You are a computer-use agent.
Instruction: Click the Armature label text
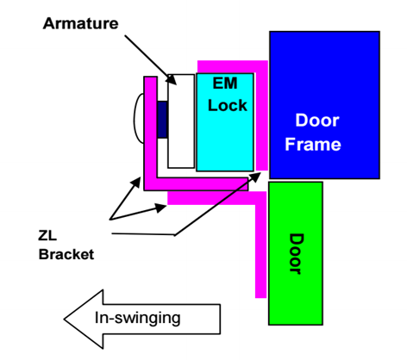[80, 23]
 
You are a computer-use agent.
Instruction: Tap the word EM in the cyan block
[225, 84]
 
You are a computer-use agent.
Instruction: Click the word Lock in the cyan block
[228, 105]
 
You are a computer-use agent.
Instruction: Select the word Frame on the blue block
[313, 144]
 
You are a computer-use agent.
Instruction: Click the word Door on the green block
[297, 254]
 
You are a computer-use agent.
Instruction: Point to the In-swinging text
[138, 318]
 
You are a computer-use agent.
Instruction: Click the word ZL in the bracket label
[47, 236]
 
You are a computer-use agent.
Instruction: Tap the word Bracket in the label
[66, 254]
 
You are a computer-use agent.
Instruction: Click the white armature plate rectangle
[181, 121]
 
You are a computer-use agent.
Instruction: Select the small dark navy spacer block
[162, 119]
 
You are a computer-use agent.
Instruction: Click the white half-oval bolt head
[139, 118]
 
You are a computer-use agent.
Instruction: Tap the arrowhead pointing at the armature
[172, 79]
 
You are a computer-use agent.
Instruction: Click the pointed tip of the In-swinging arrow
[64, 319]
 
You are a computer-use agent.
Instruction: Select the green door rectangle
[296, 253]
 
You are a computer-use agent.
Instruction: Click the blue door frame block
[325, 105]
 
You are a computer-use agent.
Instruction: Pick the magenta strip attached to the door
[260, 244]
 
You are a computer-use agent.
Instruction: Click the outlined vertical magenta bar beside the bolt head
[151, 127]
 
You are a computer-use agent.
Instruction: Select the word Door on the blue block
[317, 120]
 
